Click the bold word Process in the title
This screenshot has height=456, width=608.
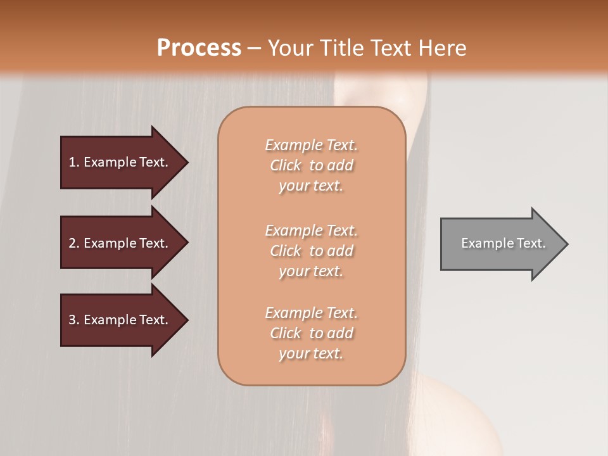(199, 48)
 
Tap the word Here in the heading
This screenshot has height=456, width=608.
(442, 48)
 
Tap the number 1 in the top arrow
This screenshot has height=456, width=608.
(72, 162)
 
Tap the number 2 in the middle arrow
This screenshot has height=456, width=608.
(72, 243)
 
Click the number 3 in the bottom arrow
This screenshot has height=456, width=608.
(72, 320)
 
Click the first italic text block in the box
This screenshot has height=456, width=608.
(311, 165)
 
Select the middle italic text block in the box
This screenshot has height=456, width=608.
(311, 251)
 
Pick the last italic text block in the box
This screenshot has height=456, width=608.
(311, 333)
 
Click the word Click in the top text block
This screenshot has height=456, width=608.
(286, 165)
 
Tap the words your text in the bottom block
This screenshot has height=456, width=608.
(311, 353)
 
